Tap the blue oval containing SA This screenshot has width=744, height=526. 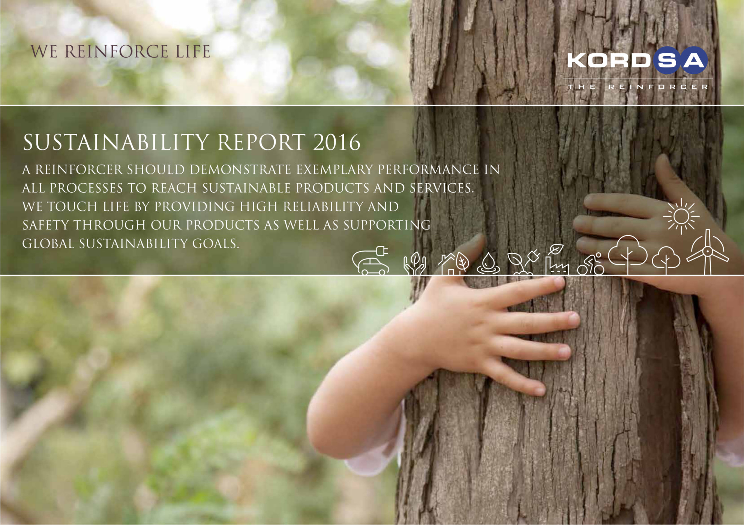coord(681,60)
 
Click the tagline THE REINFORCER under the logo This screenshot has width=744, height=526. coord(638,87)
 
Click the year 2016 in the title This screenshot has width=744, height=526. coord(336,142)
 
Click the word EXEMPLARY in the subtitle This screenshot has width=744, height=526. coord(335,169)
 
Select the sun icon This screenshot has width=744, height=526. coord(681,216)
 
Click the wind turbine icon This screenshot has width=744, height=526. coord(707,252)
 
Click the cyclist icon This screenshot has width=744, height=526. coord(591,264)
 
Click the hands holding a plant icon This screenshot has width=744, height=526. coord(414,264)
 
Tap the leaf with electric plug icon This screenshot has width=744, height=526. coord(523,263)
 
